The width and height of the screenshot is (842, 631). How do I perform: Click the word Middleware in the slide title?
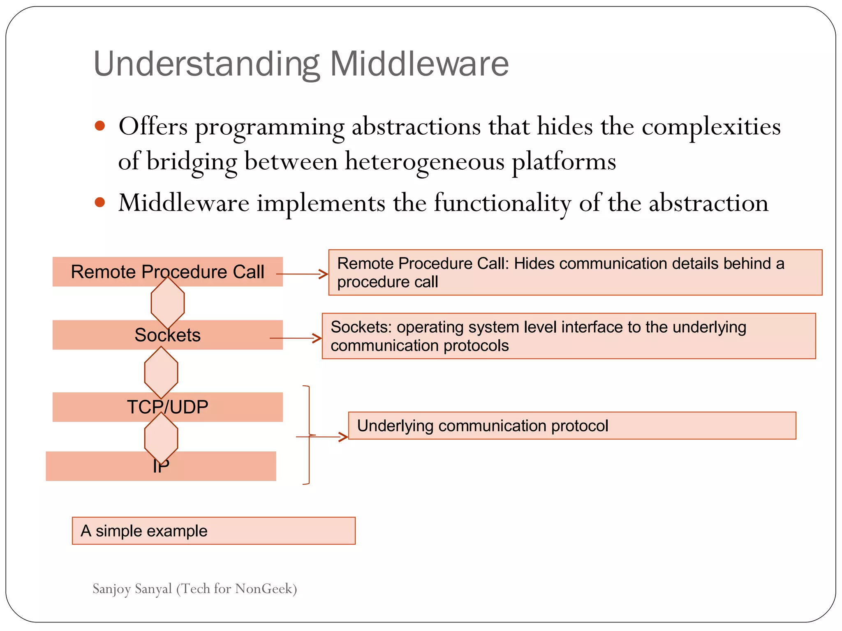[419, 64]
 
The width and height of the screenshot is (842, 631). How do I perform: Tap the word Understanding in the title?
[207, 64]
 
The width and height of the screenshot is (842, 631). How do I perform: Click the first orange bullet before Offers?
[100, 126]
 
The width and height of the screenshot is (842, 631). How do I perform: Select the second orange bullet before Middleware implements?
[100, 202]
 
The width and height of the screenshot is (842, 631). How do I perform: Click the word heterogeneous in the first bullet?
[424, 161]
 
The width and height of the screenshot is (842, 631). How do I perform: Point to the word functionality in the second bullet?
[502, 203]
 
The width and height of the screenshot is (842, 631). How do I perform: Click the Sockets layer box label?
[167, 335]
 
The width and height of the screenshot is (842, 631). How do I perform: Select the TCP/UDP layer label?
[167, 407]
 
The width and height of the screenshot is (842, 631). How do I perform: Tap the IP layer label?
[161, 467]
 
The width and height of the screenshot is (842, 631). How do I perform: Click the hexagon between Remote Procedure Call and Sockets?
[168, 303]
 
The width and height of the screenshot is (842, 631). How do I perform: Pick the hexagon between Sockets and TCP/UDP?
[161, 372]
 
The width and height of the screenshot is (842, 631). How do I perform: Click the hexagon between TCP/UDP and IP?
[161, 438]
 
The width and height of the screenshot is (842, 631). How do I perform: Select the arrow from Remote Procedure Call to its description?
[303, 274]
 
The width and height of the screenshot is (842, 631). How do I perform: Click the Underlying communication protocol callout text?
[482, 426]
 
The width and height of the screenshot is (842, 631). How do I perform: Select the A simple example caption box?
[213, 531]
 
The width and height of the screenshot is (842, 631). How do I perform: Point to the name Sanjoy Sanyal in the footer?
[132, 589]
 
